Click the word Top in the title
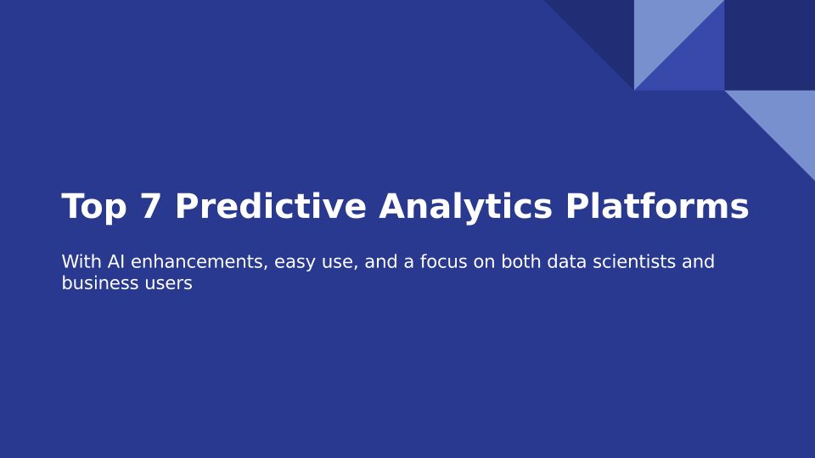point(94,207)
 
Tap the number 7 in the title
point(150,206)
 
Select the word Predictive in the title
point(271,205)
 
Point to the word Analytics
point(465,207)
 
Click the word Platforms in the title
point(657,205)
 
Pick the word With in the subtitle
point(81,262)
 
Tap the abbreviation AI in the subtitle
point(116,262)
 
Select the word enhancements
point(200,262)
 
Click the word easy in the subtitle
point(295,263)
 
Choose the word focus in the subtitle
point(443,262)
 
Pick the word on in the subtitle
point(484,263)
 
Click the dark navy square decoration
point(770,45)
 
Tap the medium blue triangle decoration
point(694,60)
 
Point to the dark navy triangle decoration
point(604,31)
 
